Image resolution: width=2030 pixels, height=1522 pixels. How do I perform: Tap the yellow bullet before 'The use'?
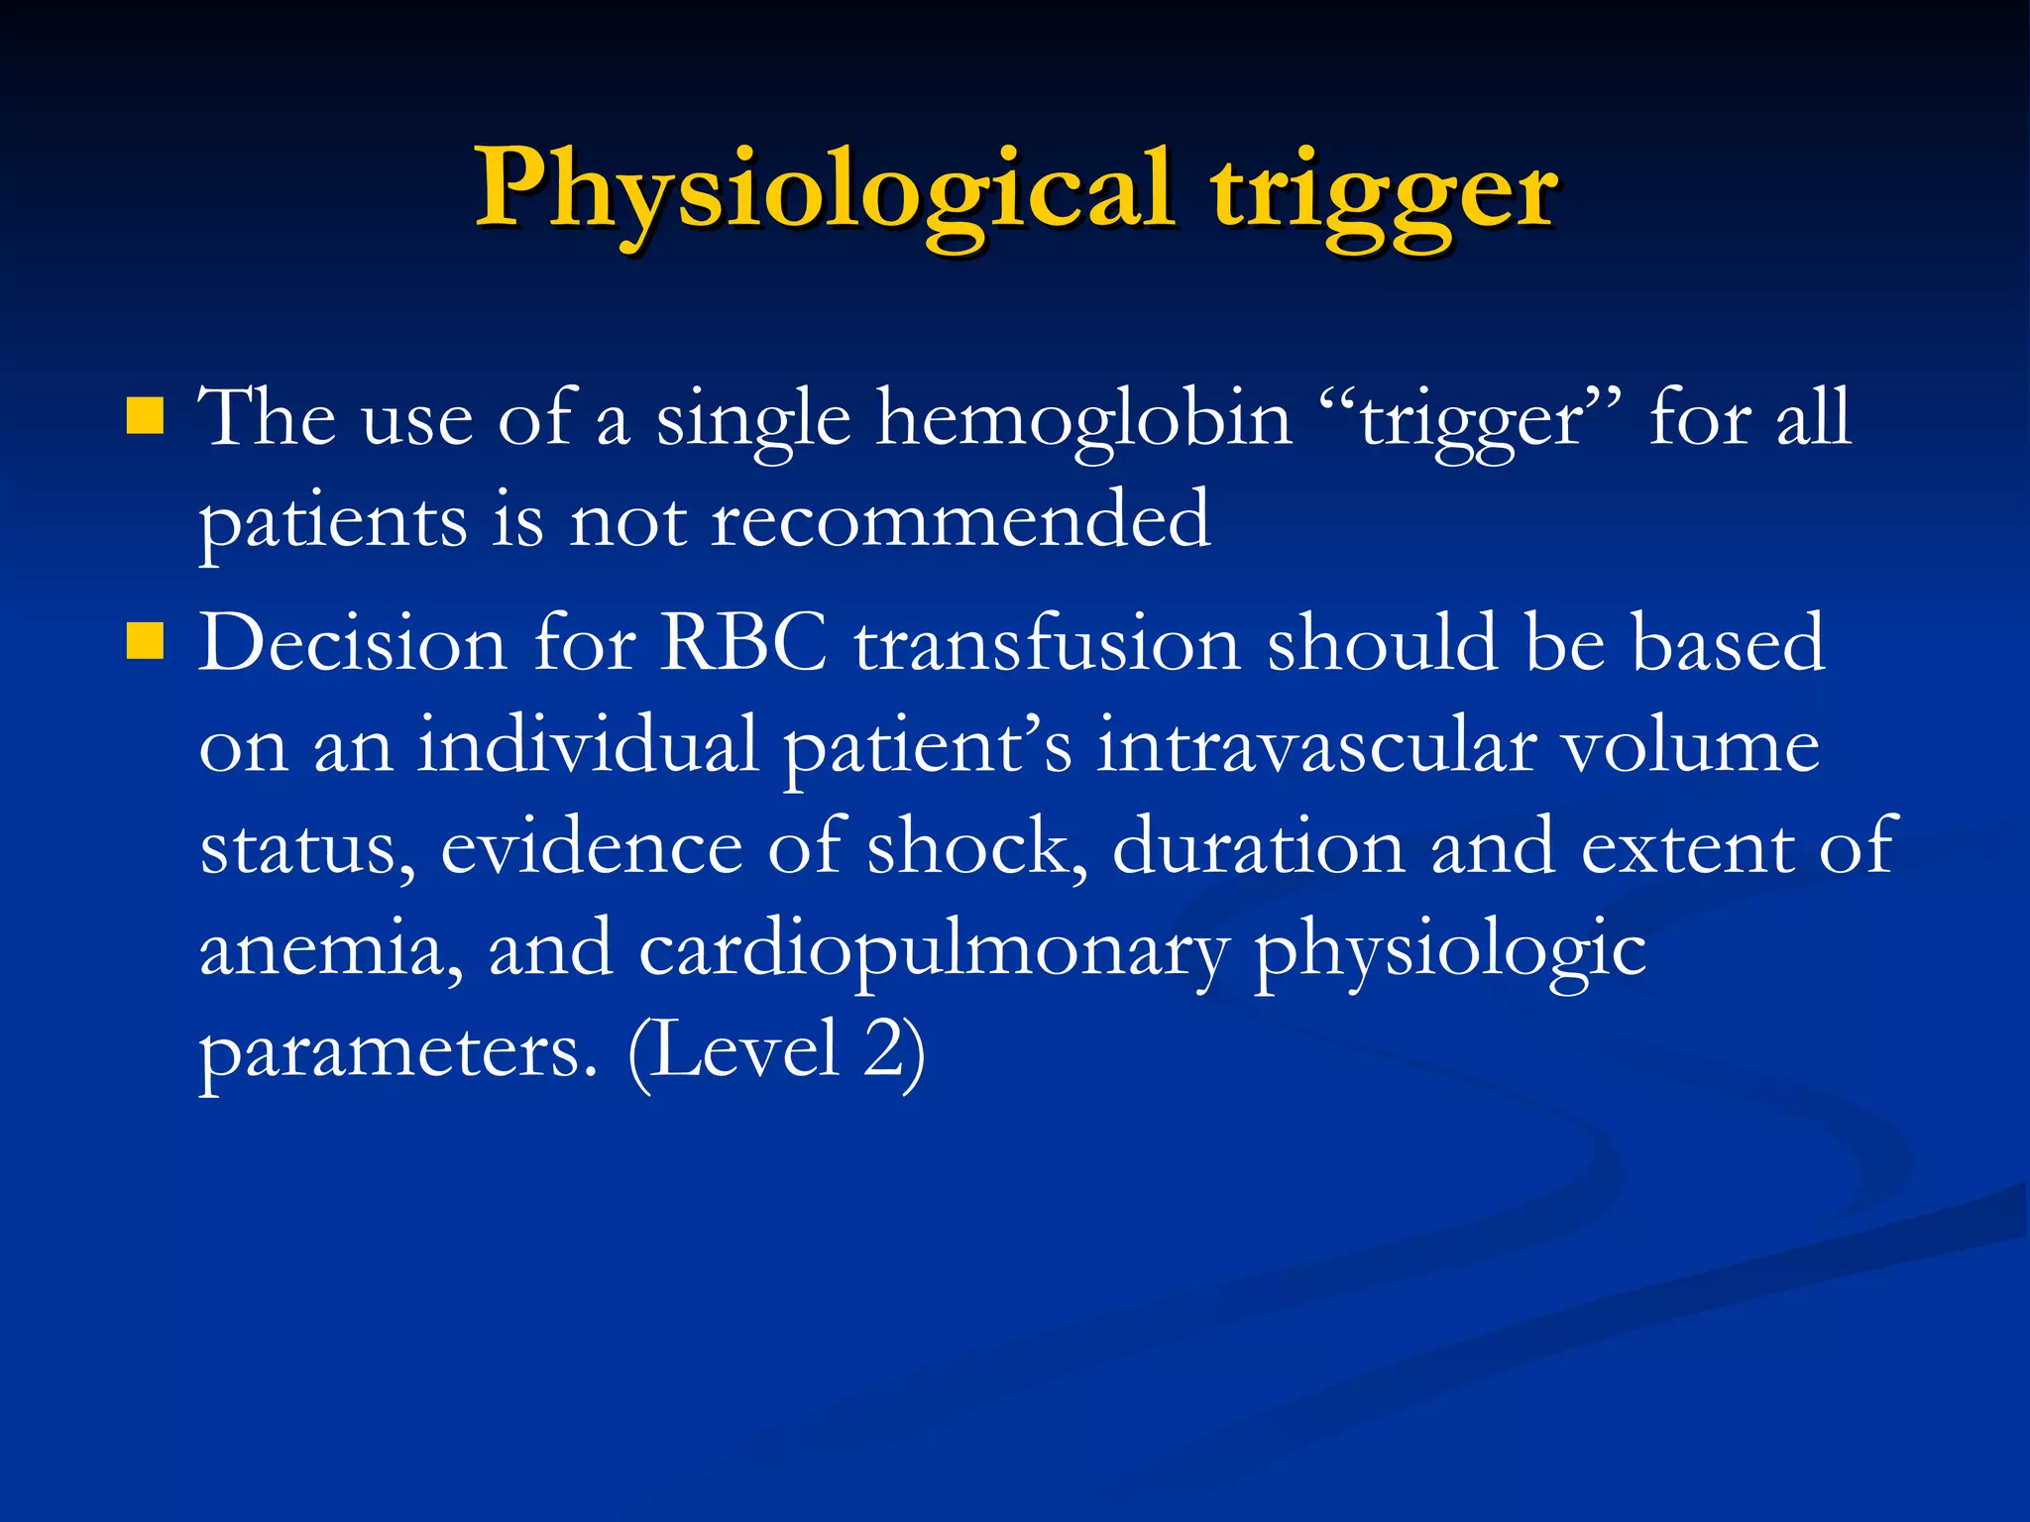pos(145,417)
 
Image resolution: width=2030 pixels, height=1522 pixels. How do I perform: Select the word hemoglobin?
pos(1084,419)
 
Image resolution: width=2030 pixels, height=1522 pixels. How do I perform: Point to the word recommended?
pos(960,520)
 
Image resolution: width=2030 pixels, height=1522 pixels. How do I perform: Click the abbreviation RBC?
pos(744,643)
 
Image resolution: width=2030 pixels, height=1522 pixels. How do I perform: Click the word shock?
pos(976,847)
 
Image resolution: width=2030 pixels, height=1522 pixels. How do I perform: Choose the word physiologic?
pos(1450,949)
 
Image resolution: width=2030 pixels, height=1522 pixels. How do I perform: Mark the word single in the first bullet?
pos(753,419)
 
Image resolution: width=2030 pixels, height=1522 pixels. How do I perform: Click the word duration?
pos(1258,847)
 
